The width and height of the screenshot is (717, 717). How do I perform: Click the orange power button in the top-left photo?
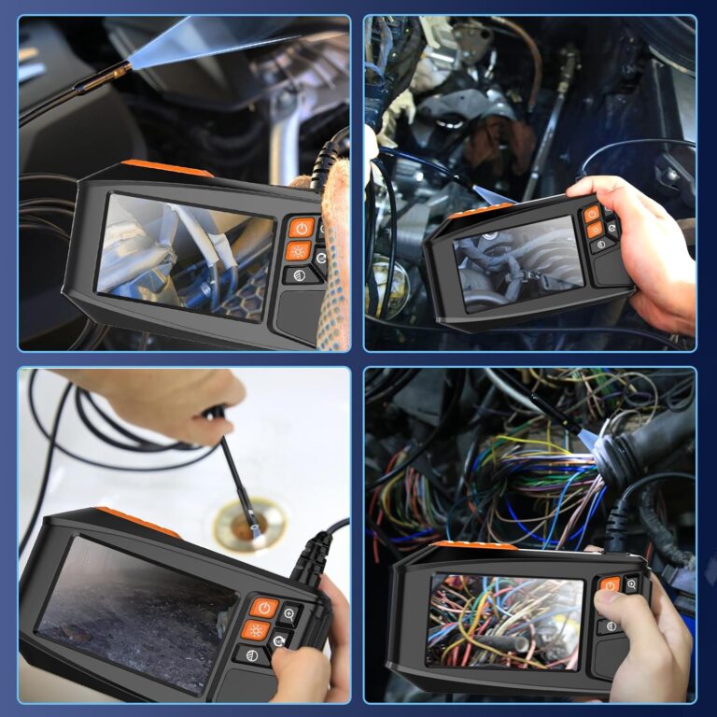click(301, 227)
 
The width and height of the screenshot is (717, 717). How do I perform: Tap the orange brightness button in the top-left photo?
click(299, 250)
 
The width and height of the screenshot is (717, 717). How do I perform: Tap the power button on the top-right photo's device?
click(592, 214)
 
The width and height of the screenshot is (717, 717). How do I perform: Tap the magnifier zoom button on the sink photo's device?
click(288, 614)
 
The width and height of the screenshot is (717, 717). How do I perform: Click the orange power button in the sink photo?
click(264, 608)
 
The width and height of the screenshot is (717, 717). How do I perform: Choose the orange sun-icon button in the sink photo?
click(255, 630)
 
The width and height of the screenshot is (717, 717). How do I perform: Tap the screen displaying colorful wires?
click(504, 621)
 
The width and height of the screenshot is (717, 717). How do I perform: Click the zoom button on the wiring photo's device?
click(632, 584)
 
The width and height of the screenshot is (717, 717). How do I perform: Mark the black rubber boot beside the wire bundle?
click(635, 448)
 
